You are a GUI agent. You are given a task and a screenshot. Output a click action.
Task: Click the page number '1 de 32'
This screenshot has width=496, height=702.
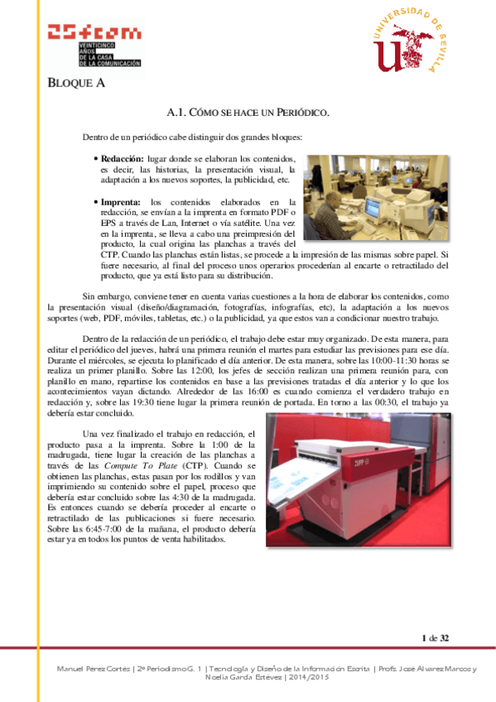pyautogui.click(x=435, y=637)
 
